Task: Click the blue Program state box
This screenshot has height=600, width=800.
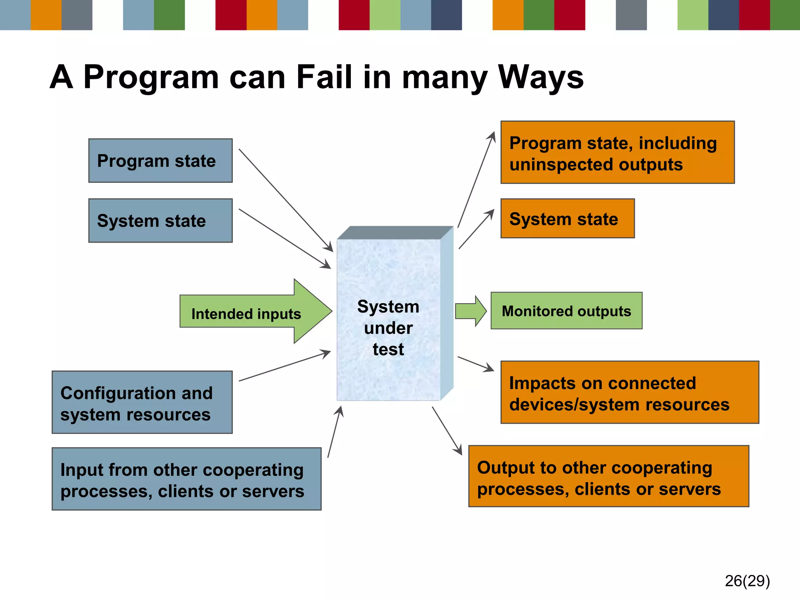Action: [160, 161]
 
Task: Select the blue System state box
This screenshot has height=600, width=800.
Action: [160, 221]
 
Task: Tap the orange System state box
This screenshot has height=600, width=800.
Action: [567, 218]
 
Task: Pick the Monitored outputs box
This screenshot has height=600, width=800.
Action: [566, 311]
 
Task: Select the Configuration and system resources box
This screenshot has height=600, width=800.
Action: [142, 402]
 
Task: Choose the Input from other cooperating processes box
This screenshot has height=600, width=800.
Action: [186, 479]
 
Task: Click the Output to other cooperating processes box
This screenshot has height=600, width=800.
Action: [608, 477]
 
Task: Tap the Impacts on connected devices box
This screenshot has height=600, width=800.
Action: [629, 393]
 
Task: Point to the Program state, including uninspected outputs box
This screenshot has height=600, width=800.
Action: [617, 153]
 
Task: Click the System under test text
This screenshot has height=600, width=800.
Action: [388, 328]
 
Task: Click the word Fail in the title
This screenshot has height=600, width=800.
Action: [324, 77]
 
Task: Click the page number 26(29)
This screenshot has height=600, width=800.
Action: [747, 581]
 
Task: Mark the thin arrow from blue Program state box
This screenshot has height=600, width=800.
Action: [285, 200]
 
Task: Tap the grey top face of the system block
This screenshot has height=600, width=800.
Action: [395, 232]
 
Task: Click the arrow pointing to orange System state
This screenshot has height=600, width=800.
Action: [476, 230]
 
